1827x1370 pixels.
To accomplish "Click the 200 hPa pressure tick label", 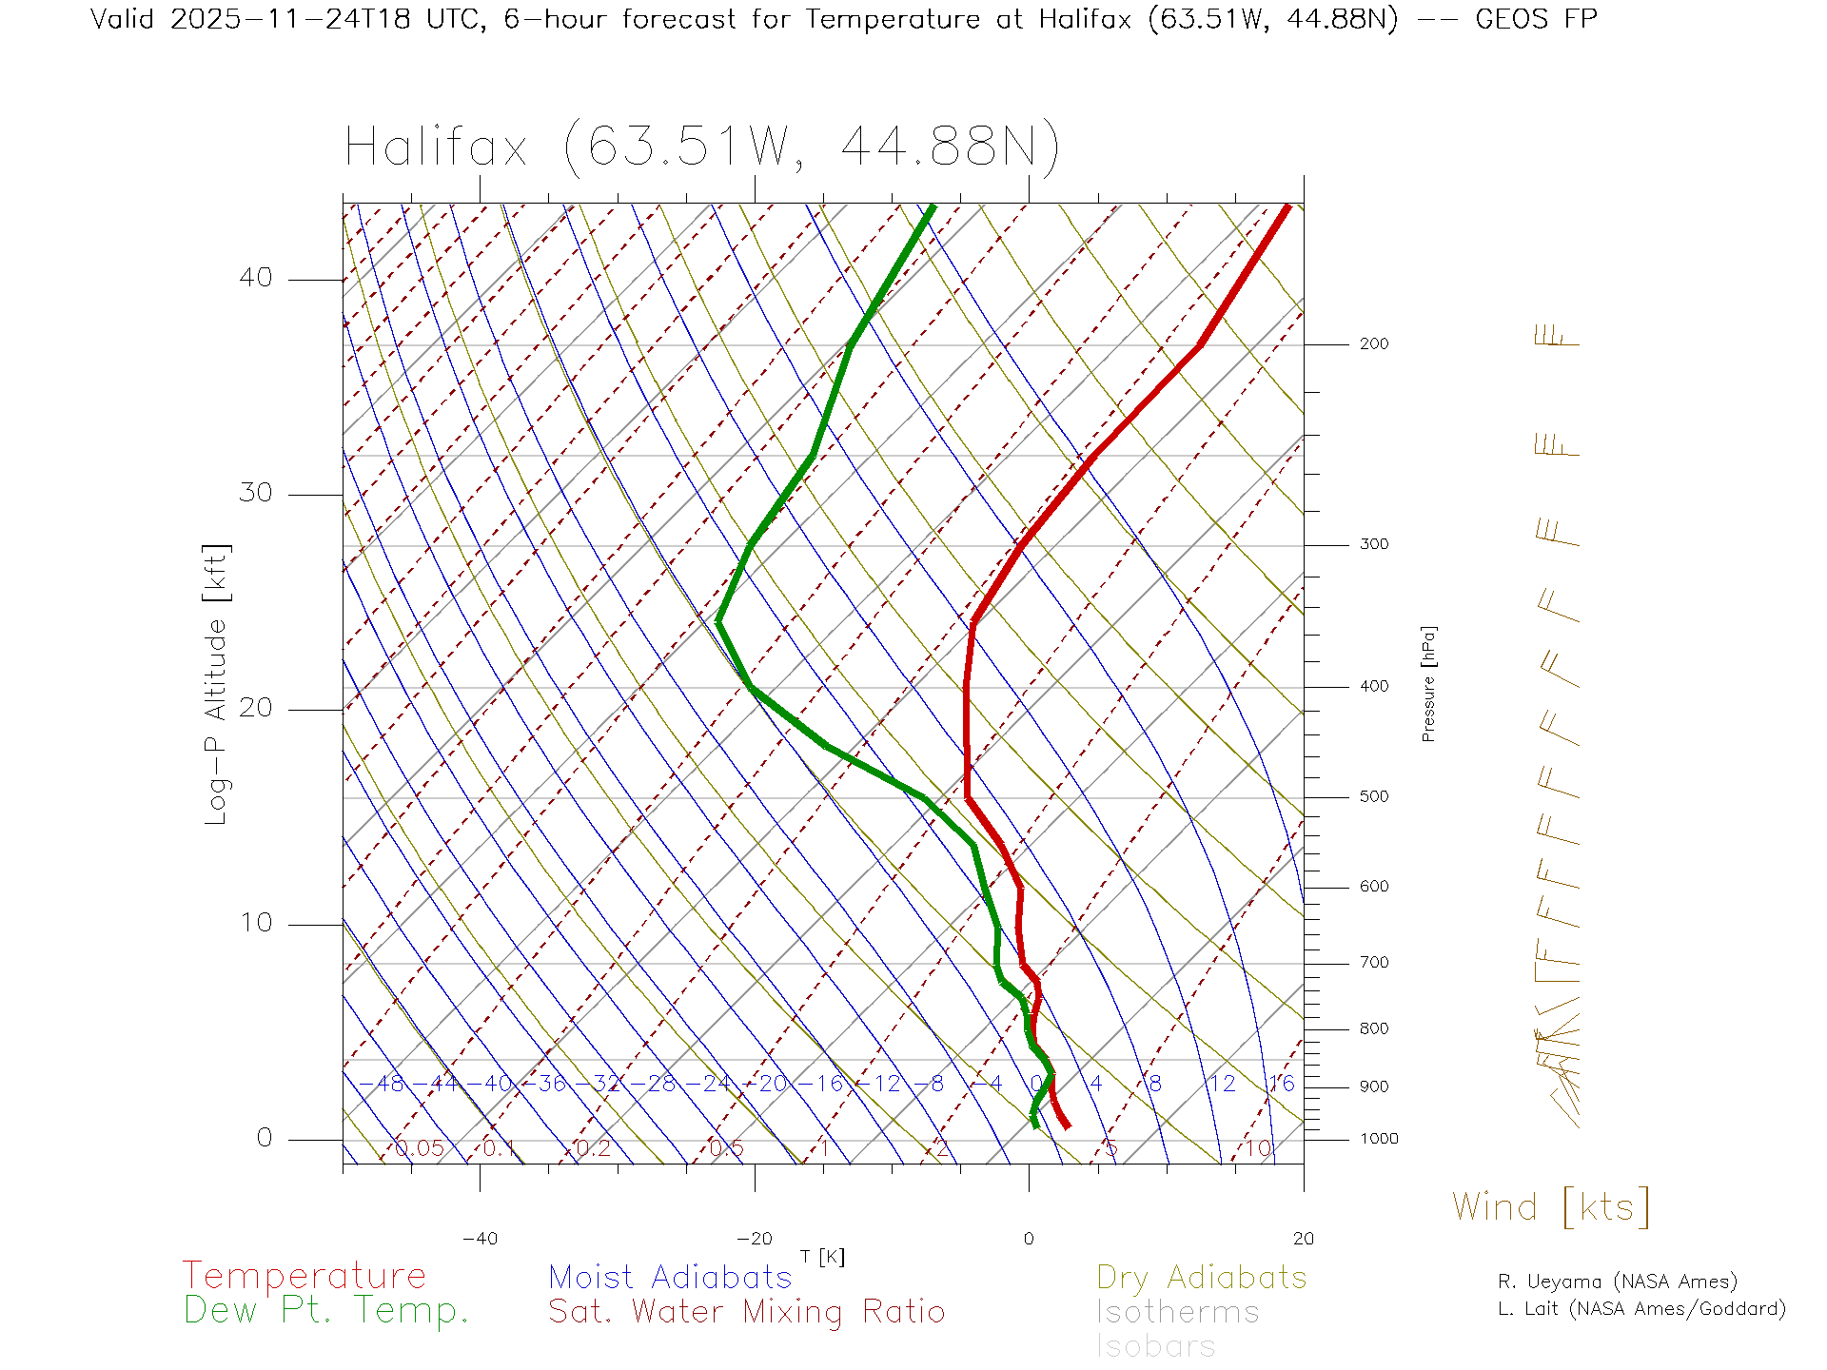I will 1373,343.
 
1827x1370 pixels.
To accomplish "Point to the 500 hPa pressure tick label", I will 1373,796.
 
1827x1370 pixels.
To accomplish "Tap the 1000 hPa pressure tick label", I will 1378,1139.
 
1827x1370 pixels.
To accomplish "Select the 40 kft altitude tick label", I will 255,278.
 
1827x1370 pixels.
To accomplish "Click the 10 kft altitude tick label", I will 255,923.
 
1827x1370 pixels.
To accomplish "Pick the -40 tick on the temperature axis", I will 480,1239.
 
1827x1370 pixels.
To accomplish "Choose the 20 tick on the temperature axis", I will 1303,1239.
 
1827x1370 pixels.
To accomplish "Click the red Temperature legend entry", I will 304,1276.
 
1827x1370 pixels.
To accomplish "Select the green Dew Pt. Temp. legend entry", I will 326,1311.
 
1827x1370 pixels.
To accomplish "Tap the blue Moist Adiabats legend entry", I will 671,1277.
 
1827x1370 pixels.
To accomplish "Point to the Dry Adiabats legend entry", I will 1202,1277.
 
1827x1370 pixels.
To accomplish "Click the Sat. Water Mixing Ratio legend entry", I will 747,1312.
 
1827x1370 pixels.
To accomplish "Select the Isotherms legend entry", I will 1178,1312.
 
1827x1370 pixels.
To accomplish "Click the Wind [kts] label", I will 1551,1206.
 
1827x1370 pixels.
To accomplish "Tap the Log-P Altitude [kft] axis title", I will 217,685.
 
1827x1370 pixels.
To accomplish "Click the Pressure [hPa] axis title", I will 1428,683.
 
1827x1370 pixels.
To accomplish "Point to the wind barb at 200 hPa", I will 1557,337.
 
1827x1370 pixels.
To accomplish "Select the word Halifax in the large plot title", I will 436,147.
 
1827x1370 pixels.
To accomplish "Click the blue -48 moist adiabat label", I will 383,1084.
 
